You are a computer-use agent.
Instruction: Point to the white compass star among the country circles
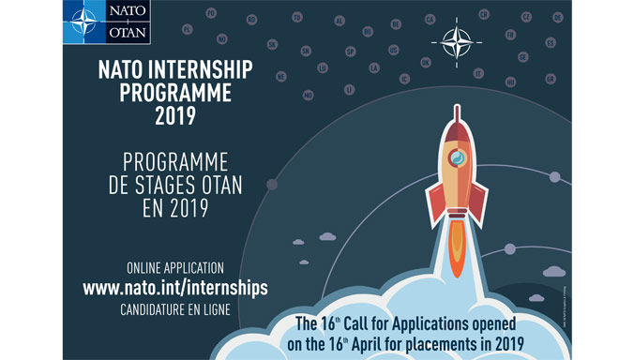tap(458, 42)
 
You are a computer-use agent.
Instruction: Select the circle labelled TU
tap(296, 17)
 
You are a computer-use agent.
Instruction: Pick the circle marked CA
tap(430, 18)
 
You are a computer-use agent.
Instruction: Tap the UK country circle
tap(426, 63)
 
